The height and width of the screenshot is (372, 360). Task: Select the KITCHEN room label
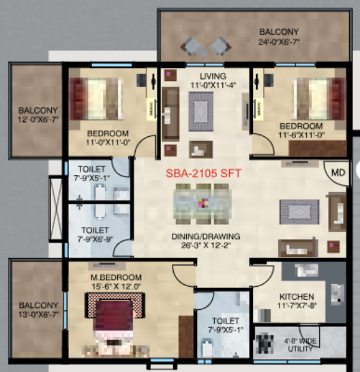[x=297, y=297]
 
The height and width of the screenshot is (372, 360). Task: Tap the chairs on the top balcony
[x=206, y=46]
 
